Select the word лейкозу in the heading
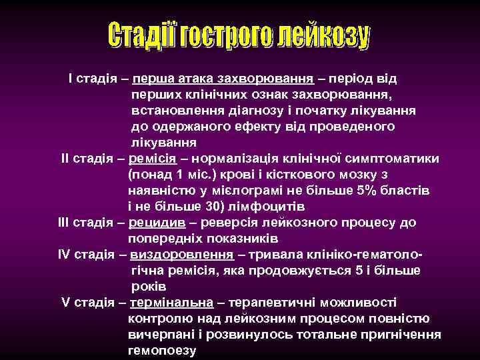[x=323, y=37]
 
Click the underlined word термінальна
[x=171, y=302]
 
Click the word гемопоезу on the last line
[x=161, y=350]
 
